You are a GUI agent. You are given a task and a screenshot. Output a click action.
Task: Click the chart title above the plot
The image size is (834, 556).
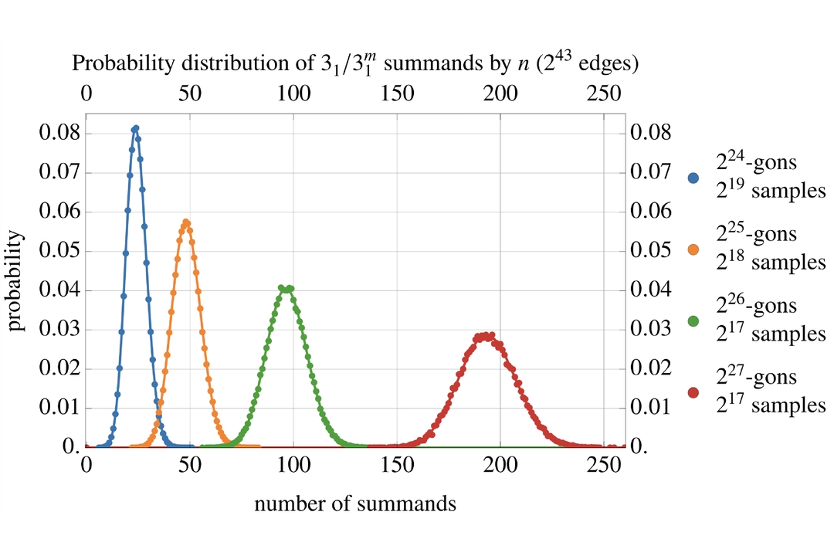355,64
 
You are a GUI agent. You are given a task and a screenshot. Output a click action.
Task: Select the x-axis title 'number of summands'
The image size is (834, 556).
354,505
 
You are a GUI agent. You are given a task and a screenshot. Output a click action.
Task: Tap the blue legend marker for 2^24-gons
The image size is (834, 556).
693,178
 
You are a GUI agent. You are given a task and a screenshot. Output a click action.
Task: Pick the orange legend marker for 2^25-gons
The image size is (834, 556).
693,250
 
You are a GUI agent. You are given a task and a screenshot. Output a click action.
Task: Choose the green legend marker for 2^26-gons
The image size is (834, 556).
693,321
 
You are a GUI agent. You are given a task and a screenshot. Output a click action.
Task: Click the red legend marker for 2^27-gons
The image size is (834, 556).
693,392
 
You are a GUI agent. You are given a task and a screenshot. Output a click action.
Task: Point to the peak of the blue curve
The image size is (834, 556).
135,128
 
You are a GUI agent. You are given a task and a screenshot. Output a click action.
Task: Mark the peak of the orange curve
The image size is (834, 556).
186,222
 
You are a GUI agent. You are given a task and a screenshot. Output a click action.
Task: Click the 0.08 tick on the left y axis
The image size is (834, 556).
59,133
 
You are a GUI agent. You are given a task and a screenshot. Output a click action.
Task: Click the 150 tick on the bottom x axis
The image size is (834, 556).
397,466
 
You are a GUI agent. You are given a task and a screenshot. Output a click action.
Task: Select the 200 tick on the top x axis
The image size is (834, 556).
500,92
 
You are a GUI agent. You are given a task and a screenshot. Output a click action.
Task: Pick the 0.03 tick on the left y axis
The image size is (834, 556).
59,330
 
